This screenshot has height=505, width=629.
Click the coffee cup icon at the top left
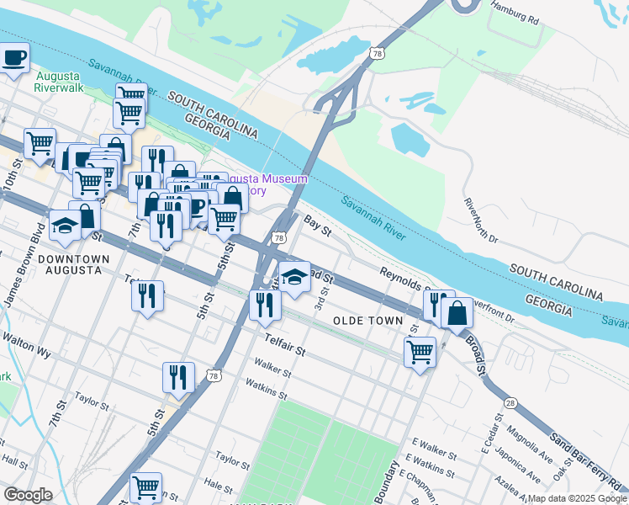point(14,59)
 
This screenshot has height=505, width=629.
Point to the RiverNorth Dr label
point(481,221)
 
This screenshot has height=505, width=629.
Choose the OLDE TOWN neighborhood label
point(368,321)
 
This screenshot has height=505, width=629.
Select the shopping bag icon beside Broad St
point(457,313)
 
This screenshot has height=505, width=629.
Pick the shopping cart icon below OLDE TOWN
point(420,350)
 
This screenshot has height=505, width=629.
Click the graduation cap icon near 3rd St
point(294,276)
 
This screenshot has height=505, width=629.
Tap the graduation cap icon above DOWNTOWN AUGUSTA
point(65,224)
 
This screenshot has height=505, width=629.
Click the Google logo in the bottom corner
point(28,495)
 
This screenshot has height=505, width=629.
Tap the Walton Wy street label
point(23,339)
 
